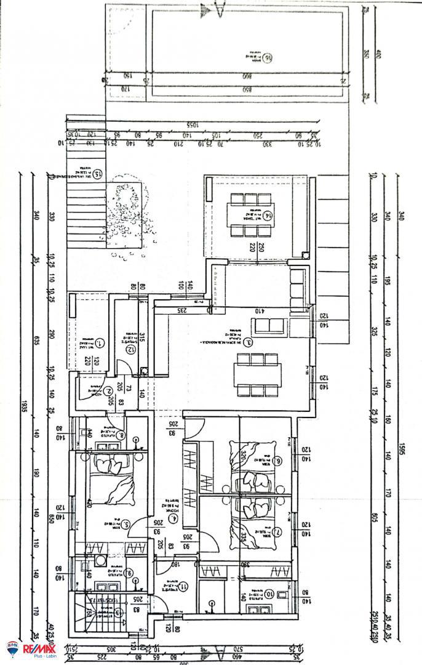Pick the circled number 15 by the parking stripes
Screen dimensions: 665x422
(x=97, y=174)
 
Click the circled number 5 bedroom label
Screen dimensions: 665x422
(x=125, y=525)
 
